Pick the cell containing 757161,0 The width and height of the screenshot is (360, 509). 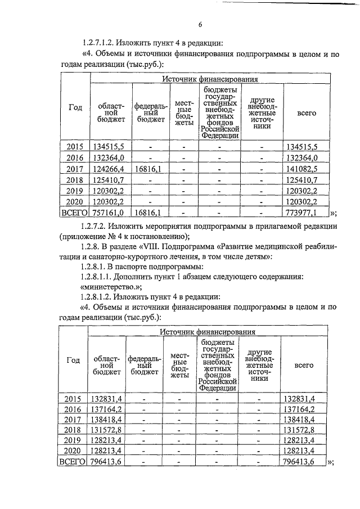click(111, 213)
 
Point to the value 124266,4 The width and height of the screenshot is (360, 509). click(111, 169)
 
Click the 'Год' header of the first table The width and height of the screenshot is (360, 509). click(75, 108)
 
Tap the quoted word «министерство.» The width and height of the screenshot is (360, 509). click(110, 286)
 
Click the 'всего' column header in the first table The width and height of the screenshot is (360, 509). click(307, 112)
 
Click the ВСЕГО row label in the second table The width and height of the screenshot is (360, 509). click(71, 462)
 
